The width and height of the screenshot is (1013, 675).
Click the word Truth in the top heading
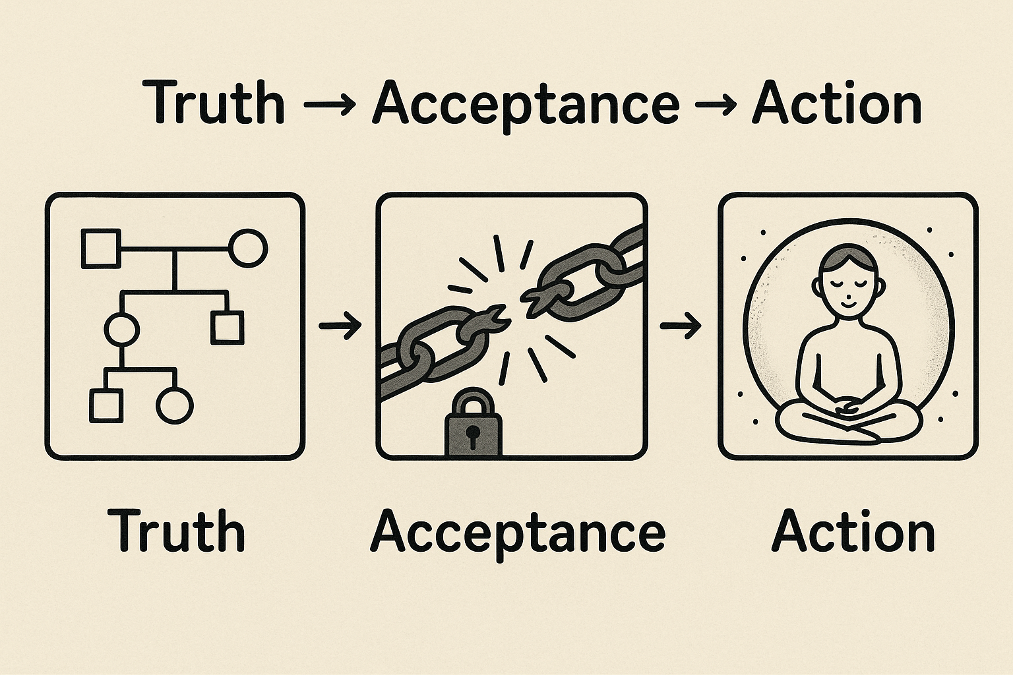(215, 103)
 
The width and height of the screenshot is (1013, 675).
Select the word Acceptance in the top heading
(526, 105)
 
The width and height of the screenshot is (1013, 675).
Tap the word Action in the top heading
(836, 103)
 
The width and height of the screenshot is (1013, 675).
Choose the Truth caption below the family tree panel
(176, 530)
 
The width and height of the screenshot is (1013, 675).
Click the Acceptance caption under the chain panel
(518, 533)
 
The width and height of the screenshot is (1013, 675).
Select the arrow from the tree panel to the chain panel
(340, 325)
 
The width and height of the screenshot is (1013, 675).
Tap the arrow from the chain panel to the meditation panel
(681, 325)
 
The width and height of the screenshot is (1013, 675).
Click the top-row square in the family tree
(101, 249)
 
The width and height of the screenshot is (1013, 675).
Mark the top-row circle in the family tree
(248, 249)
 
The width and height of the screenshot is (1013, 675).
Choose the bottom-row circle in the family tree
(175, 404)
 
